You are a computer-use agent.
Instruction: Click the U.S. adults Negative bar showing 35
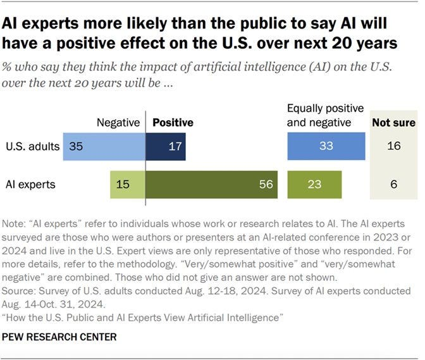pos(104,146)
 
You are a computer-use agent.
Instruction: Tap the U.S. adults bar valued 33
pos(326,146)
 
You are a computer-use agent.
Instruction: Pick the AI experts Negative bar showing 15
pos(128,184)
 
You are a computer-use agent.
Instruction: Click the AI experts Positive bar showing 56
pos(211,184)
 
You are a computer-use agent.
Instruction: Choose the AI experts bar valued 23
pos(314,184)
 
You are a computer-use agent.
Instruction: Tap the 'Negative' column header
pos(118,122)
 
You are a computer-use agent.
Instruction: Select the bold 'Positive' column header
pos(172,122)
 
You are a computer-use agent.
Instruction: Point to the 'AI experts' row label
pos(31,185)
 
